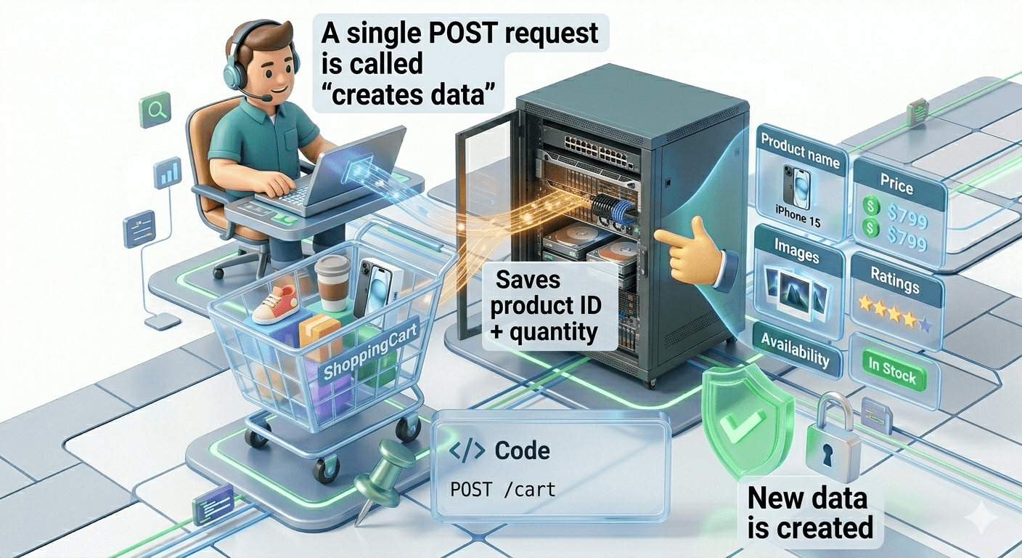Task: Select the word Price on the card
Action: click(896, 186)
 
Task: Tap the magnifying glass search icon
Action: click(155, 110)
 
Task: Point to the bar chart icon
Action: click(168, 174)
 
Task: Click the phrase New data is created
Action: click(809, 513)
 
